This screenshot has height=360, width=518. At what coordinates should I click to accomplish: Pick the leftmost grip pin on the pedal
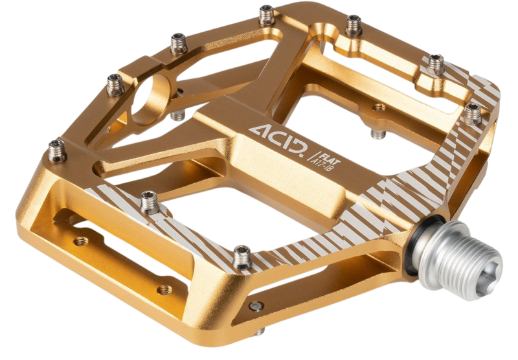point(57,150)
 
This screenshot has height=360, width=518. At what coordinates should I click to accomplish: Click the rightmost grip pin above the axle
point(473,113)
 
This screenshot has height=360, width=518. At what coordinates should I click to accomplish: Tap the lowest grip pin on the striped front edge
point(242,257)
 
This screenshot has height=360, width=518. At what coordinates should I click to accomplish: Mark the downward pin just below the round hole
point(177,115)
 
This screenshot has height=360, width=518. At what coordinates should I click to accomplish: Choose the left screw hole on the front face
point(80,241)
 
